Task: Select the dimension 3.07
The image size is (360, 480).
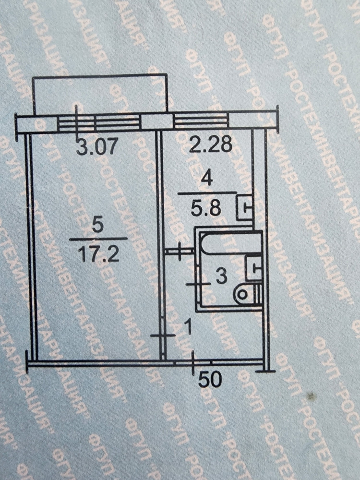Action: point(96,146)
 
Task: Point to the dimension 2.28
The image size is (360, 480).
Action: point(210,144)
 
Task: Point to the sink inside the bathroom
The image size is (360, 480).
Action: point(253,268)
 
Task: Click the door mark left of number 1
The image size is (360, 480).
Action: point(162,336)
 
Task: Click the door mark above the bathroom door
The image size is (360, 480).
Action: point(179,251)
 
